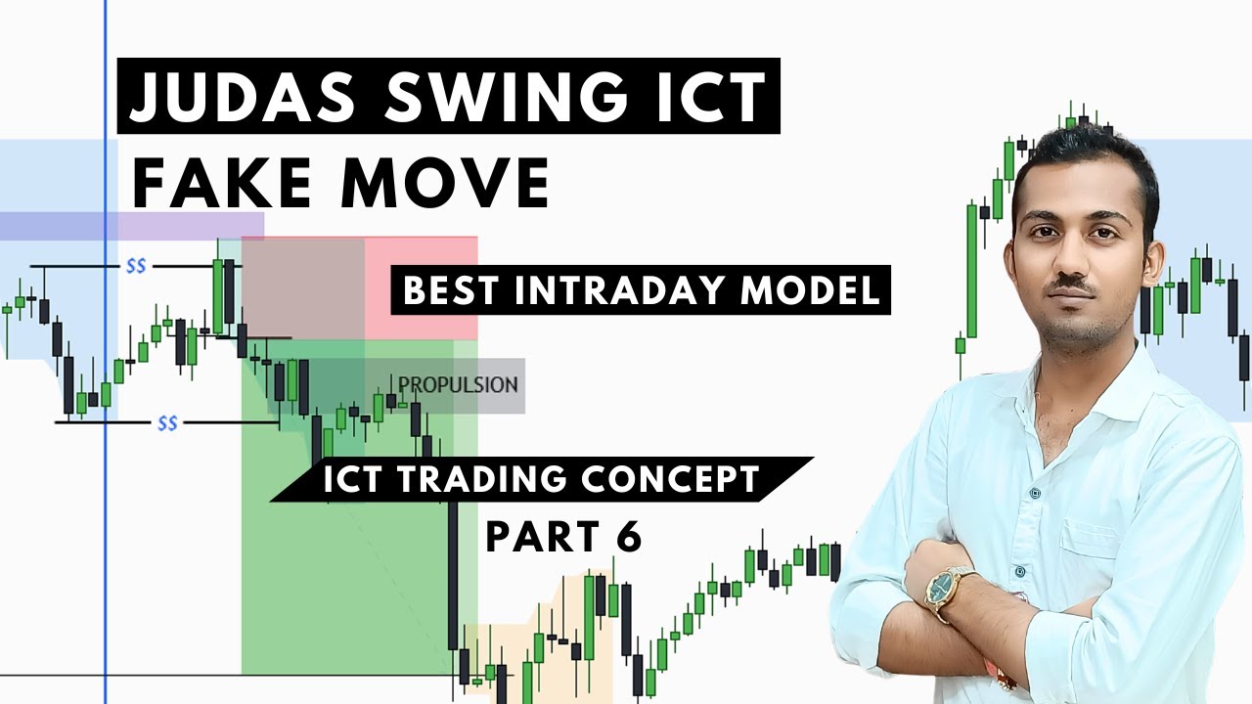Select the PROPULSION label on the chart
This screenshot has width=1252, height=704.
tap(457, 384)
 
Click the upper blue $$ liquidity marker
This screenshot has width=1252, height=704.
tap(135, 266)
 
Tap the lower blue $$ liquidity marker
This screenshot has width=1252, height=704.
tap(167, 423)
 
